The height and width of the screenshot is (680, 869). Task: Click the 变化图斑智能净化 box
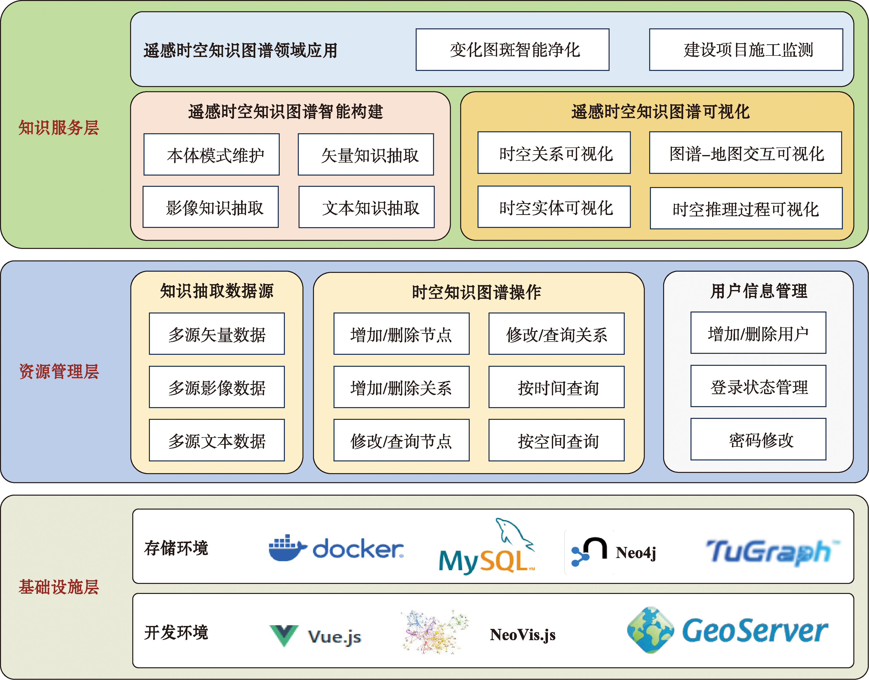pyautogui.click(x=512, y=50)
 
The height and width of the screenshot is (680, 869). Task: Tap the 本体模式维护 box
pyautogui.click(x=211, y=155)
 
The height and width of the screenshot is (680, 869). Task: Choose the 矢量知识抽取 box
pyautogui.click(x=366, y=155)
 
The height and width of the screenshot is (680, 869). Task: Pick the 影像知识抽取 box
pyautogui.click(x=211, y=207)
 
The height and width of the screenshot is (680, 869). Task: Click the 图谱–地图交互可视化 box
pyautogui.click(x=745, y=153)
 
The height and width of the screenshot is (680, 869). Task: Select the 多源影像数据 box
pyautogui.click(x=217, y=387)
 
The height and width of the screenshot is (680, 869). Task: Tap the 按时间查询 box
pyautogui.click(x=556, y=387)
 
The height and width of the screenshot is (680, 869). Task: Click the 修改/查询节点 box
pyautogui.click(x=401, y=440)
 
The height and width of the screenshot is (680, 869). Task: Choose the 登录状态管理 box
pyautogui.click(x=758, y=386)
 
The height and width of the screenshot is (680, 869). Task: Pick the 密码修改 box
pyautogui.click(x=758, y=439)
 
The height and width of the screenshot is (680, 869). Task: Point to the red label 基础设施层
pyautogui.click(x=58, y=587)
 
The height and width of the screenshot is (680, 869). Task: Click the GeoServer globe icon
pyautogui.click(x=650, y=630)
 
